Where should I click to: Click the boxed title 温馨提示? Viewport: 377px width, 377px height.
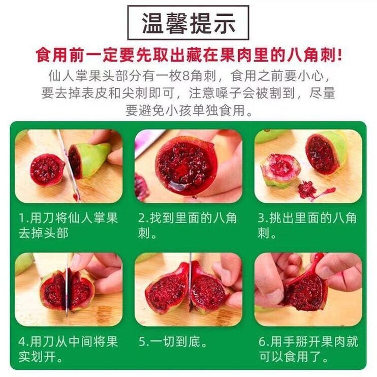(x=188, y=23)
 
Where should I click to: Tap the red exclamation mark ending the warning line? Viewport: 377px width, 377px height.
(x=339, y=55)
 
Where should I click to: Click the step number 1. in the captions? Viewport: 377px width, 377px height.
(x=24, y=218)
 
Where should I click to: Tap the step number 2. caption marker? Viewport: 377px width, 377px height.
(x=143, y=218)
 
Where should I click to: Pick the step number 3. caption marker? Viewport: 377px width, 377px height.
(x=263, y=218)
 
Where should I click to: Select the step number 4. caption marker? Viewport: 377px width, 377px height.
(x=24, y=341)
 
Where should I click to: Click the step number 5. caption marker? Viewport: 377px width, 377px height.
(x=144, y=341)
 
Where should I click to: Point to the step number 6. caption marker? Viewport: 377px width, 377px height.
(x=264, y=341)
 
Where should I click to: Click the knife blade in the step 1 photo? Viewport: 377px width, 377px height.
(x=68, y=166)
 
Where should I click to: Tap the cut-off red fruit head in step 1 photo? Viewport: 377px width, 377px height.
(x=47, y=170)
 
